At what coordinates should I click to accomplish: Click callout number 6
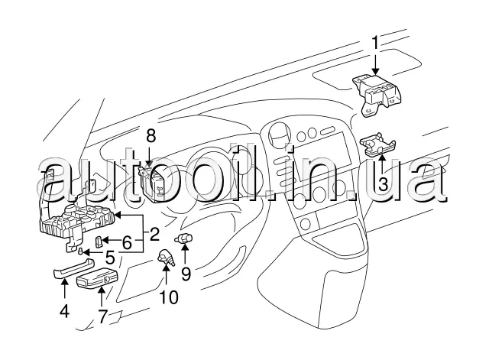click(x=127, y=242)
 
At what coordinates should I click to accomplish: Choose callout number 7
click(x=102, y=317)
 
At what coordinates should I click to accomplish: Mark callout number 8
click(x=151, y=136)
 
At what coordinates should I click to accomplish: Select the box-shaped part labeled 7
click(x=97, y=283)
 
